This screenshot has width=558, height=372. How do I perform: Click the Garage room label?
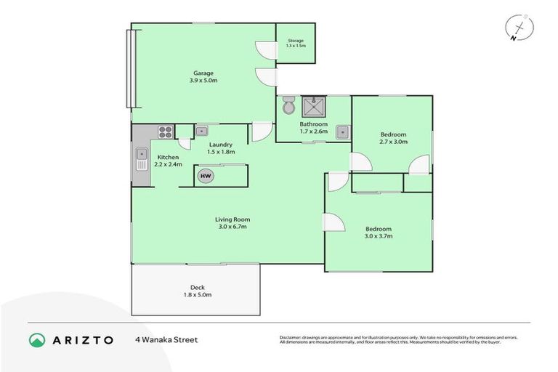coord(203,72)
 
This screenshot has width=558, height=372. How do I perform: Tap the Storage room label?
coord(295,41)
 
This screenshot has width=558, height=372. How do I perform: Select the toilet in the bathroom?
coord(289,105)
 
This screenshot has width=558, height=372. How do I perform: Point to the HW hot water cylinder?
coord(206,176)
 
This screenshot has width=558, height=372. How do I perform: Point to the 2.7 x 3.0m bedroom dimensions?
coord(393,142)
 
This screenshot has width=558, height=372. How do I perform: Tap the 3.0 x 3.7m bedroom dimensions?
coord(379,236)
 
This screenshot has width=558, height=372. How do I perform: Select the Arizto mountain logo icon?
coord(37,339)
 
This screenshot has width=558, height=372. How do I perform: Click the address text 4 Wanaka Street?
coord(166,339)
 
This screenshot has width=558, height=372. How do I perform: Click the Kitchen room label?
coord(168,157)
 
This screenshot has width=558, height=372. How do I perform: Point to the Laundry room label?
coord(220,145)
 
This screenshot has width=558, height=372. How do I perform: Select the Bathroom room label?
coord(314,124)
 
